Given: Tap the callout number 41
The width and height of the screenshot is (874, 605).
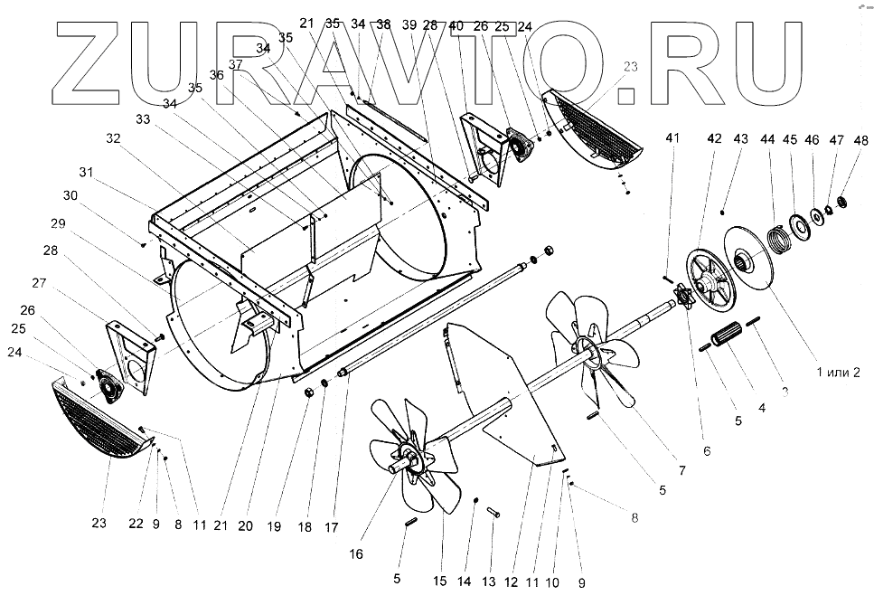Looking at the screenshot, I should pos(671,138).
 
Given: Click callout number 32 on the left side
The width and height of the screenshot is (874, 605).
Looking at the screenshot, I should pos(112,138).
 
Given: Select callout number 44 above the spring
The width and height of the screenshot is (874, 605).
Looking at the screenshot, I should pos(768,140).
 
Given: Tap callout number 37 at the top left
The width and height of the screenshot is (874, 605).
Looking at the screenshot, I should pos(236,64).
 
